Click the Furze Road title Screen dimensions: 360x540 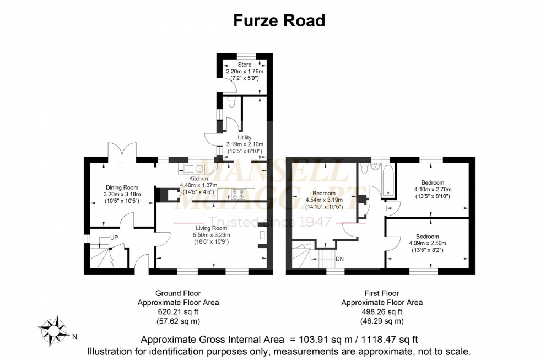coord(279,20)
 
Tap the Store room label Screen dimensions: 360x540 coord(245,65)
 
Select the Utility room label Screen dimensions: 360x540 coord(245,138)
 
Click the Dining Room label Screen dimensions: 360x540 coord(122,187)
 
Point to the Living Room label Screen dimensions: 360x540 coord(212,228)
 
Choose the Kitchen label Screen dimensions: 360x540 coord(198,179)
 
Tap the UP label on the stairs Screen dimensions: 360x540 coord(114,237)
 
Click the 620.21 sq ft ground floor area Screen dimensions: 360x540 coord(177,311)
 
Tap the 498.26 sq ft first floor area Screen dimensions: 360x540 coord(381,311)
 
